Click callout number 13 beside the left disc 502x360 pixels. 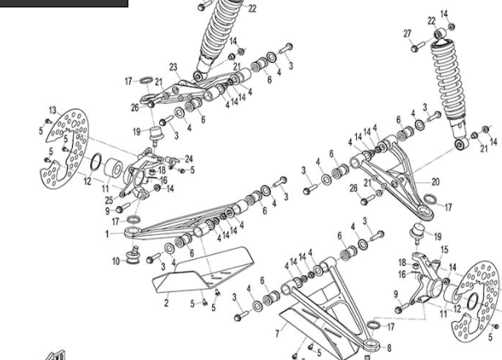pyautogui.click(x=51, y=110)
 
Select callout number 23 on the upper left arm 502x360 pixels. pyautogui.click(x=174, y=67)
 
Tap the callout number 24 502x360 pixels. pyautogui.click(x=189, y=158)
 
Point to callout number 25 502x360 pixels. pyautogui.click(x=109, y=200)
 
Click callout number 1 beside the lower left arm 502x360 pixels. pyautogui.click(x=106, y=234)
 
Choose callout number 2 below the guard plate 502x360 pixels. pyautogui.click(x=167, y=304)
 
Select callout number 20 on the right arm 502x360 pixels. pyautogui.click(x=436, y=182)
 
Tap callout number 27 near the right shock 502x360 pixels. pyautogui.click(x=407, y=33)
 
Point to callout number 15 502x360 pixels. pyautogui.click(x=444, y=249)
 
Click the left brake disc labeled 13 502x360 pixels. pyautogui.click(x=65, y=145)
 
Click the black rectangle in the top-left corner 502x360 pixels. pyautogui.click(x=64, y=3)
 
